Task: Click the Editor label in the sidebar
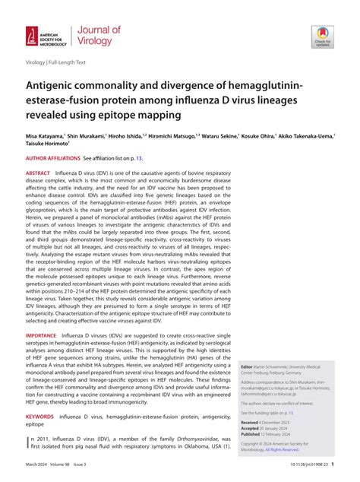coord(248,366)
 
